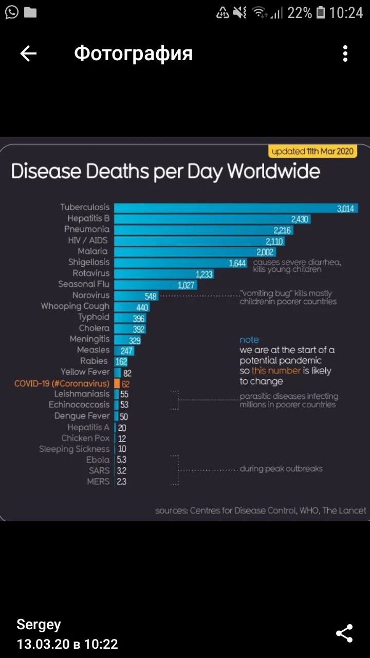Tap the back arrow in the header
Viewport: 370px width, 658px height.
tap(28, 53)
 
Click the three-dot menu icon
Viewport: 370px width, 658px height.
tap(345, 53)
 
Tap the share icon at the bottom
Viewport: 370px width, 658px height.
tap(344, 633)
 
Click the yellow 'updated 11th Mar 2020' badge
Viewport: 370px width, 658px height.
tap(312, 151)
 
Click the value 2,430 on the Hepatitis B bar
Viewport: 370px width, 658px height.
tap(300, 219)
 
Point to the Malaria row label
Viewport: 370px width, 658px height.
tap(93, 251)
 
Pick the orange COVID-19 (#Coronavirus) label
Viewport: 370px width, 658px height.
tap(62, 383)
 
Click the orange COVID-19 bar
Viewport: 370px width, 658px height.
tap(117, 383)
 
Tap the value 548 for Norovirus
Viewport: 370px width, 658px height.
tap(151, 296)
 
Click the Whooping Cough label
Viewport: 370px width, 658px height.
tap(75, 306)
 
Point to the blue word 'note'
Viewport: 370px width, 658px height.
tap(249, 340)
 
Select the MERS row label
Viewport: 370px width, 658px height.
tap(98, 482)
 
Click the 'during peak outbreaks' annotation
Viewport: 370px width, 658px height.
tap(281, 469)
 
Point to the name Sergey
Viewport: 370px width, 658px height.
tap(39, 625)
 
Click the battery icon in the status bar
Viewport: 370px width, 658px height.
tap(321, 13)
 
